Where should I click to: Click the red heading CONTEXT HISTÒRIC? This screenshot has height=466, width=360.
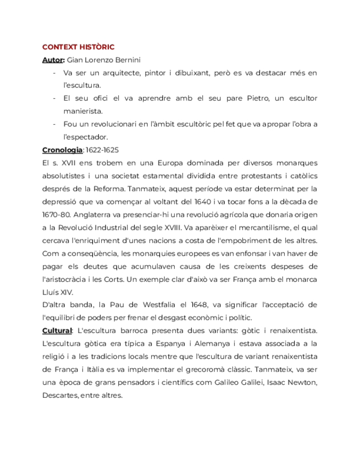tap(78, 47)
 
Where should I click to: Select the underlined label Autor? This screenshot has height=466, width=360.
tap(53, 60)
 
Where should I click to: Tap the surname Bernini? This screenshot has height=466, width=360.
tap(132, 60)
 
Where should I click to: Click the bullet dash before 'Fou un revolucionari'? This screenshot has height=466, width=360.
tap(54, 124)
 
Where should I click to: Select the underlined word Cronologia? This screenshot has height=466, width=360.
tap(62, 149)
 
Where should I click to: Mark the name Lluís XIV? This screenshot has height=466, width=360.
tap(57, 292)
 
